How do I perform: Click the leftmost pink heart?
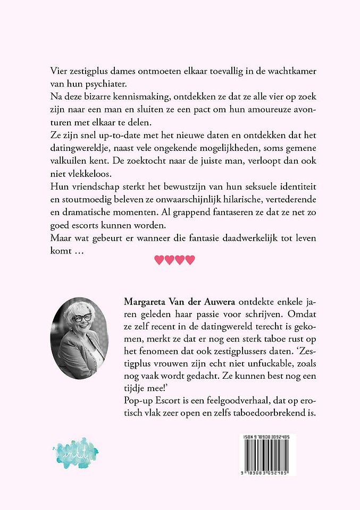tap(158, 260)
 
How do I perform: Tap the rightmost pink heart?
tap(190, 260)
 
